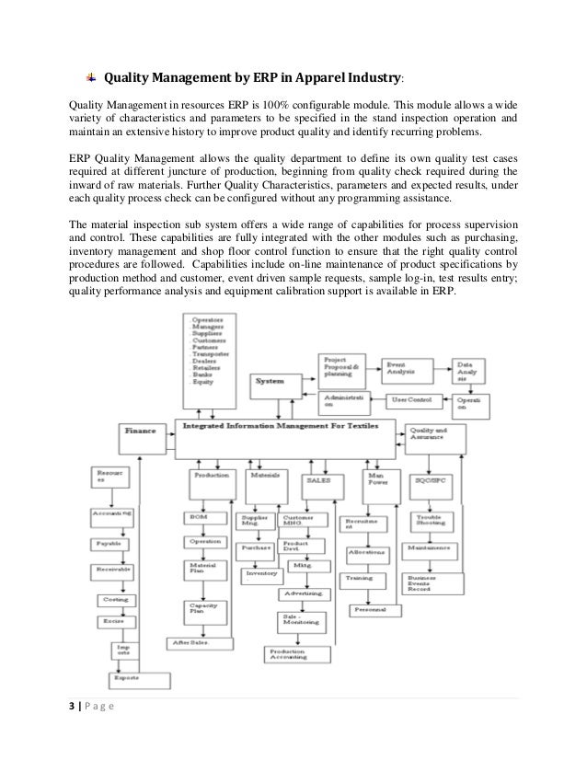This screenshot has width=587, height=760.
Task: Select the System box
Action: tap(271, 381)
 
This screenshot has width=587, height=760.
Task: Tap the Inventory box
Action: tap(266, 573)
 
